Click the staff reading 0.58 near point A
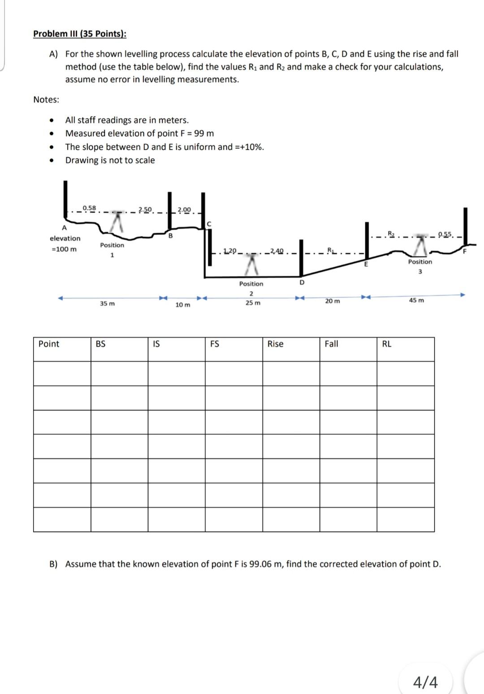click(89, 208)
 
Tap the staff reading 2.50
click(146, 209)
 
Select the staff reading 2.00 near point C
click(184, 209)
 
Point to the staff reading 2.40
click(277, 251)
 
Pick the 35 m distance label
click(107, 304)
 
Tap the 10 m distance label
click(182, 304)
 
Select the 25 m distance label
click(253, 303)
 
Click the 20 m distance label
click(332, 301)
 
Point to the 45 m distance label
click(416, 300)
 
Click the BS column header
click(101, 344)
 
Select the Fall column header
click(331, 344)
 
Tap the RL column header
click(387, 344)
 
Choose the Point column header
click(49, 344)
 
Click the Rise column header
click(275, 344)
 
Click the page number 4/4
click(425, 682)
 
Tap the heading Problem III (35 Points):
click(80, 34)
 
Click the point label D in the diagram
click(302, 282)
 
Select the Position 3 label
click(420, 266)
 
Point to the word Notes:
click(46, 100)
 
